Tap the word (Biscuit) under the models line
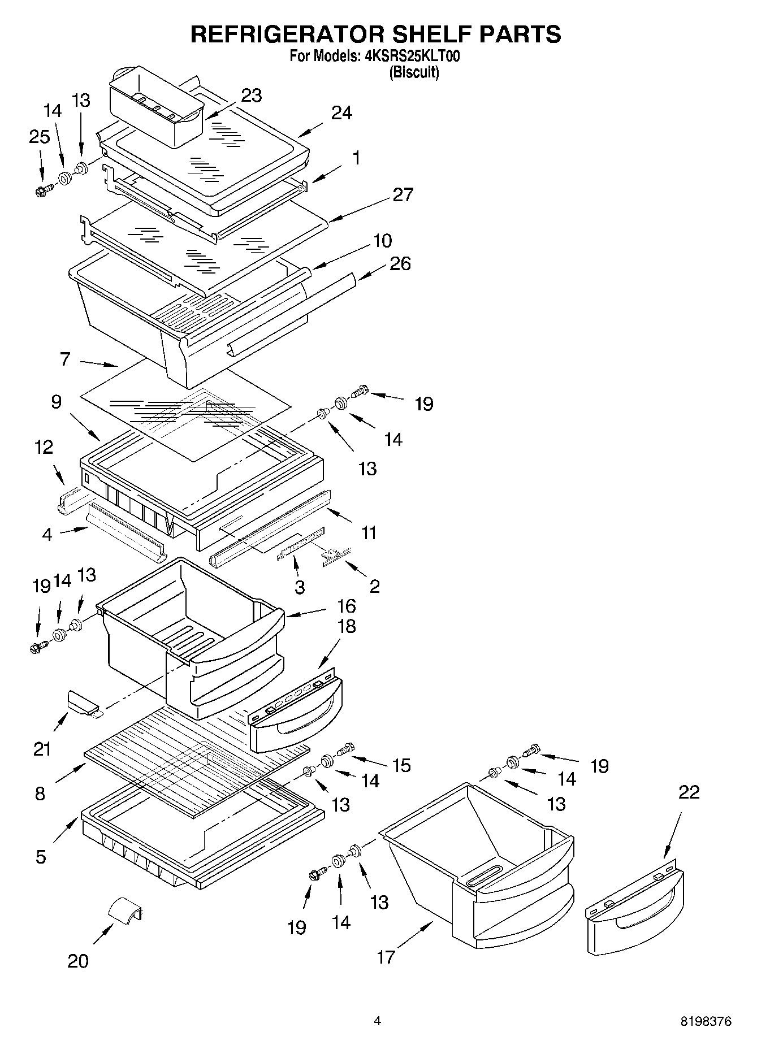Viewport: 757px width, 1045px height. [414, 72]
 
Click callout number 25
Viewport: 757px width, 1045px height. [40, 137]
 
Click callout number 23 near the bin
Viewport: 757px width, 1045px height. [251, 96]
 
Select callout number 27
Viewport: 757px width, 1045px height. [403, 194]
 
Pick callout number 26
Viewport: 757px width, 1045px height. [400, 264]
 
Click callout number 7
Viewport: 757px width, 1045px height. [65, 358]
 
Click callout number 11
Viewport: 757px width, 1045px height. [369, 532]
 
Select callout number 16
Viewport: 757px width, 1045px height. [346, 606]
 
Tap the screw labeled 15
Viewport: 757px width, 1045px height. [345, 748]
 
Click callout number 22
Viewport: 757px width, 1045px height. [688, 792]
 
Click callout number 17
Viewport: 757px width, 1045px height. [386, 957]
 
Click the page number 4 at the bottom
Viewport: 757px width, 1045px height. [377, 1021]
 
